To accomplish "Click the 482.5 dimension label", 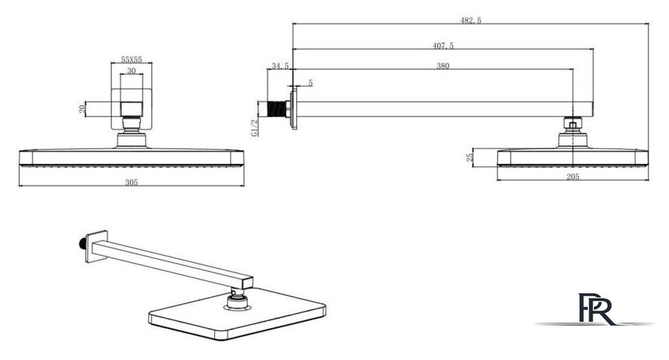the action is [471, 20].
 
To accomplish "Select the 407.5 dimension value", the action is [444, 45].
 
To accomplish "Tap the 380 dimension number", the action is [443, 65].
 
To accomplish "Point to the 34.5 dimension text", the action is [280, 66].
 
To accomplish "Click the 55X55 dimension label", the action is [131, 59].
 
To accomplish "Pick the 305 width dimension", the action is [131, 182].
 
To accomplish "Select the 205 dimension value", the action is [573, 177].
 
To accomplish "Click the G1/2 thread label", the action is [255, 127].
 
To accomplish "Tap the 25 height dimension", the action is [470, 158].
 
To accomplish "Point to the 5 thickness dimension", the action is [311, 83].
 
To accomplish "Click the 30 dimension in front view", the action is [131, 70].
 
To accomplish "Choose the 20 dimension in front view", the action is [82, 109].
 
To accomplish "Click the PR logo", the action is [596, 309].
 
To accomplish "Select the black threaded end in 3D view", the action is [81, 244].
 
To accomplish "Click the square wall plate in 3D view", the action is [96, 246].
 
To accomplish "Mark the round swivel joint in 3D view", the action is [237, 301].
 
